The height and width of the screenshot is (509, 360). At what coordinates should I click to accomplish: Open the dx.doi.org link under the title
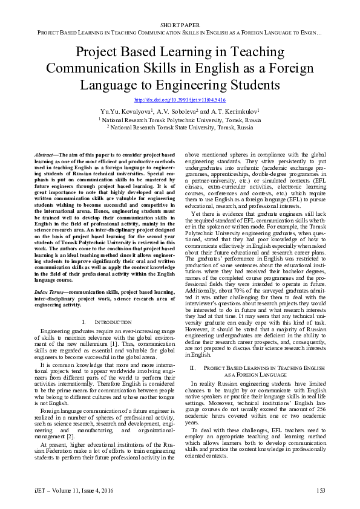click(180, 100)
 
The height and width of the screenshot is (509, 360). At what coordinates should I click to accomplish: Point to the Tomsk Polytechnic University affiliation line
click(180, 120)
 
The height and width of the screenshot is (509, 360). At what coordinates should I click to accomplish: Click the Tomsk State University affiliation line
click(180, 128)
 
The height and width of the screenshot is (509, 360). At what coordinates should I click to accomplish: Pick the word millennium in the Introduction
click(108, 343)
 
